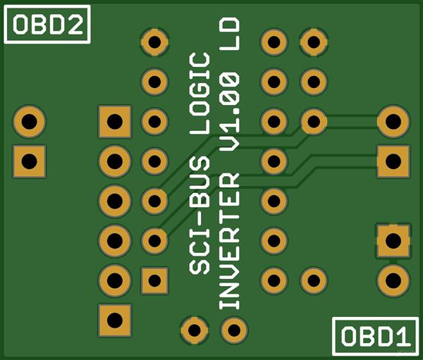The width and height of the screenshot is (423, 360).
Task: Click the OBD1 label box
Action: tap(374, 335)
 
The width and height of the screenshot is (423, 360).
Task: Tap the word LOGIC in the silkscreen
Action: tap(200, 92)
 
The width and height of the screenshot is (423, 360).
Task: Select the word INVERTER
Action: tap(231, 240)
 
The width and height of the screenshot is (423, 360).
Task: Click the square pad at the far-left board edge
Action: tap(29, 161)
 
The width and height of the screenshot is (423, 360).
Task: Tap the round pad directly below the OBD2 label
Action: tap(29, 121)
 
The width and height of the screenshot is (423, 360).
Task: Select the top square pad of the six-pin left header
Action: tap(114, 121)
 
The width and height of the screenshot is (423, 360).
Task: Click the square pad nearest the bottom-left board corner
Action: tap(114, 320)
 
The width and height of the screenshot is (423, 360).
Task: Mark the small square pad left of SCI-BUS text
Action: tap(154, 280)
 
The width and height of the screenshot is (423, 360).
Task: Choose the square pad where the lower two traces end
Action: tap(393, 161)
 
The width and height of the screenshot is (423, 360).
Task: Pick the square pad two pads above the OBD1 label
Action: tap(393, 240)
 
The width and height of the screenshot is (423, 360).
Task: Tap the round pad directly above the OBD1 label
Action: tap(393, 280)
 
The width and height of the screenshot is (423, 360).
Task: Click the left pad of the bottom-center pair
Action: tap(194, 328)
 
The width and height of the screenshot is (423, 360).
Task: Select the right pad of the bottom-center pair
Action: tap(233, 328)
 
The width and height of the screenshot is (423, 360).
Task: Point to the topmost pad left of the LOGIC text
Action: tap(154, 42)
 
